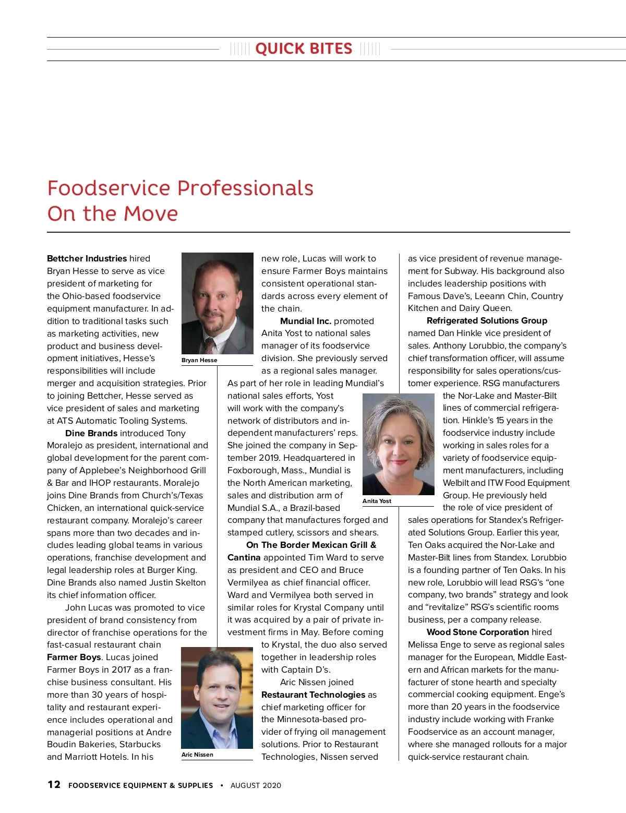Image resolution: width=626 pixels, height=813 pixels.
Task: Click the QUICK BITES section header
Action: [304, 49]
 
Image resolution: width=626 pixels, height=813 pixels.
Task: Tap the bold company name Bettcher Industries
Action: [87, 258]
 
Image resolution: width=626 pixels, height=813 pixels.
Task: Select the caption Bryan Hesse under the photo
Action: [199, 360]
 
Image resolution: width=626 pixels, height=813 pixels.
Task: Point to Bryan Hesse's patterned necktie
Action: [209, 345]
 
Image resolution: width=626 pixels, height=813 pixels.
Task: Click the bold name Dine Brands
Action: [91, 433]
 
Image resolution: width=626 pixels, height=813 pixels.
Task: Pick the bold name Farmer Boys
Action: [74, 657]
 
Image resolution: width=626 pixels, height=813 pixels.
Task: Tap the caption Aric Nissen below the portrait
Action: [197, 755]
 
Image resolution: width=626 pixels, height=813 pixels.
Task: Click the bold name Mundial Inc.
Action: [306, 321]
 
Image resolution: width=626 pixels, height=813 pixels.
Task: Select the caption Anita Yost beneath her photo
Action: [377, 501]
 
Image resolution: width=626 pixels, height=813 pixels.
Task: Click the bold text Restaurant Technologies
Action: [313, 695]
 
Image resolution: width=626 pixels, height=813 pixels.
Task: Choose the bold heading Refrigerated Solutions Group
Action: [487, 320]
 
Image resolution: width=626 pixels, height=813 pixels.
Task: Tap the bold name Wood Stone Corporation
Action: [478, 632]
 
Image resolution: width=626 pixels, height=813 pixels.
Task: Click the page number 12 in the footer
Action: [54, 784]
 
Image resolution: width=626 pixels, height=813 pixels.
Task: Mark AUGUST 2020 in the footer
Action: [256, 785]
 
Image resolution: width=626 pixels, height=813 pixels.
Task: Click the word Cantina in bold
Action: [244, 557]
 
